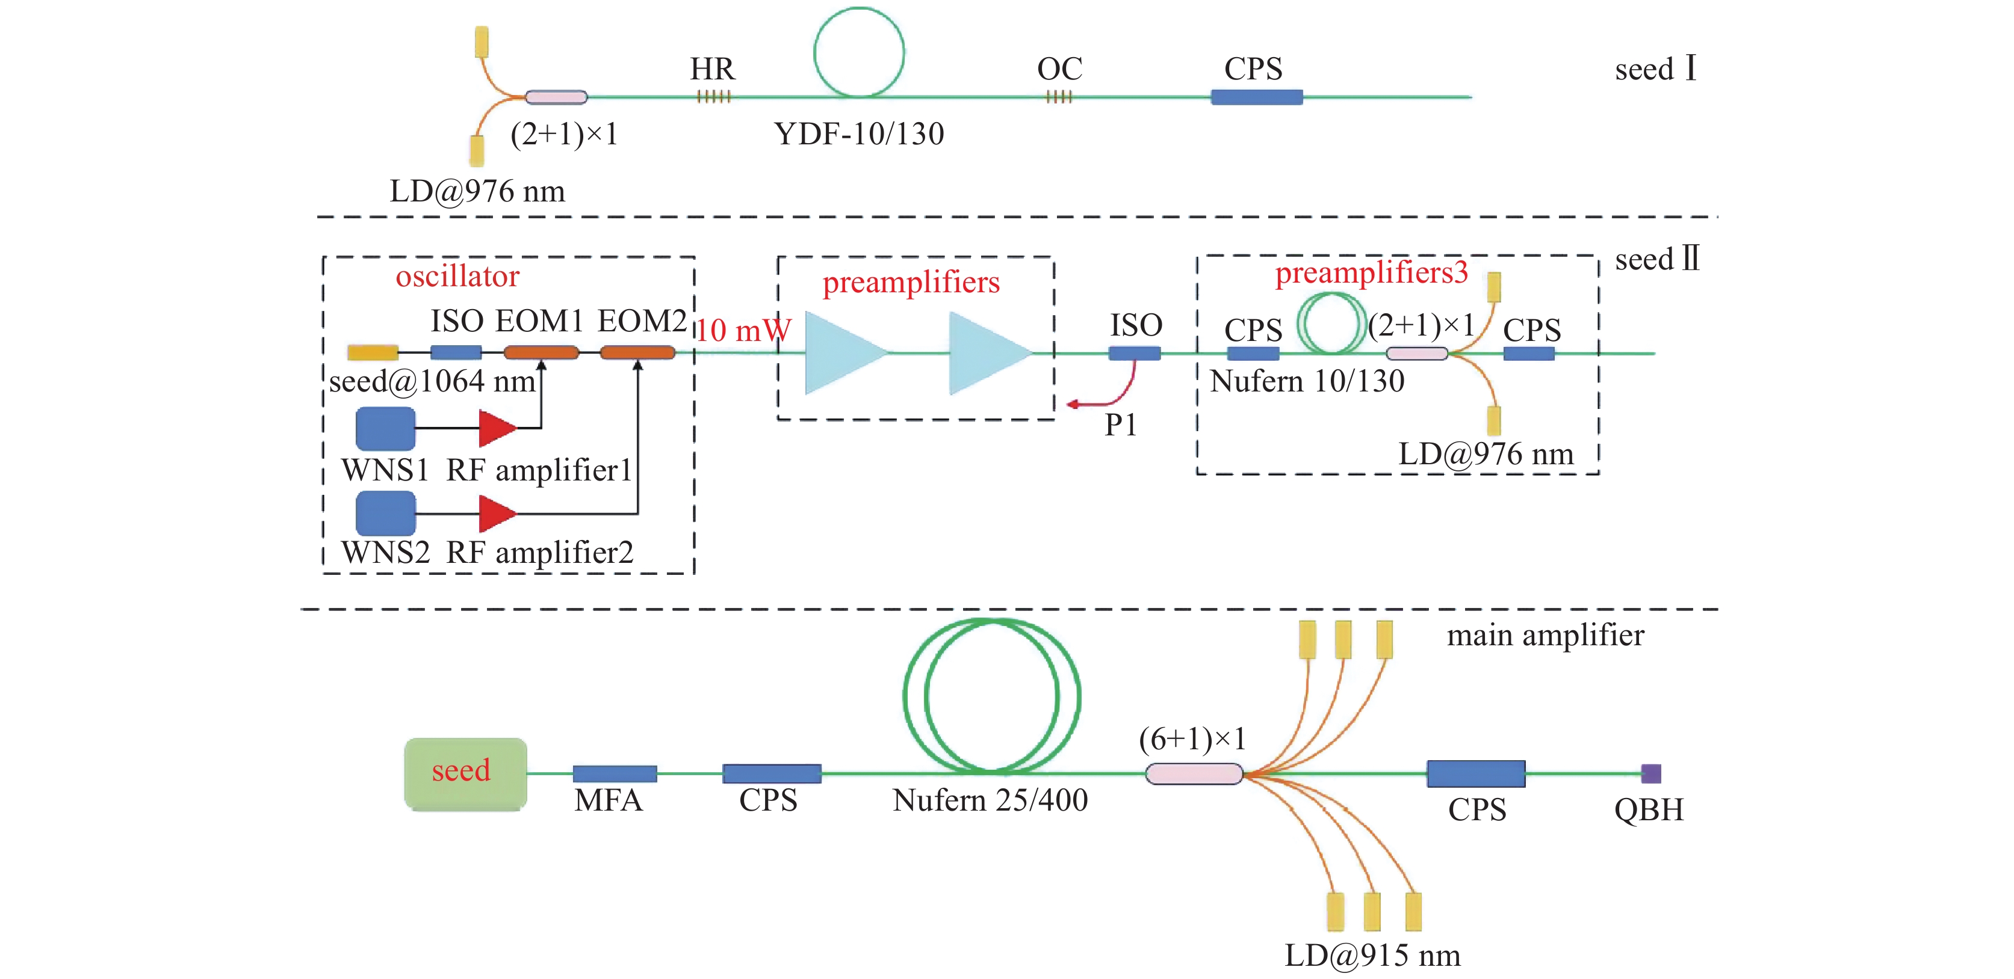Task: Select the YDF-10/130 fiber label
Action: [x=858, y=134]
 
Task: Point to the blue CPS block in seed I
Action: [x=1256, y=97]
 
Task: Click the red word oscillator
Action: [x=457, y=277]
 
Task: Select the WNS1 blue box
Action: [x=385, y=428]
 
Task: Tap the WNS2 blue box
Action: [x=385, y=512]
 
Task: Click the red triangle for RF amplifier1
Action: [x=496, y=428]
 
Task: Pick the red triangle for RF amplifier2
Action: [x=496, y=514]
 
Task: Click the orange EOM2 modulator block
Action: [x=637, y=353]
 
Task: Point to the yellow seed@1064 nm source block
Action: [x=373, y=353]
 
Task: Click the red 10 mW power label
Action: [x=743, y=331]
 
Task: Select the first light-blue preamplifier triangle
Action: [x=840, y=353]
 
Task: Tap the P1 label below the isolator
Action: [x=1120, y=425]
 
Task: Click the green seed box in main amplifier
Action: [x=465, y=773]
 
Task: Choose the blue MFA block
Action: [x=615, y=773]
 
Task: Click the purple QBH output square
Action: [x=1650, y=773]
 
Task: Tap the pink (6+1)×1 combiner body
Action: [x=1194, y=773]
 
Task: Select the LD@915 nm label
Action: [x=1372, y=956]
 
